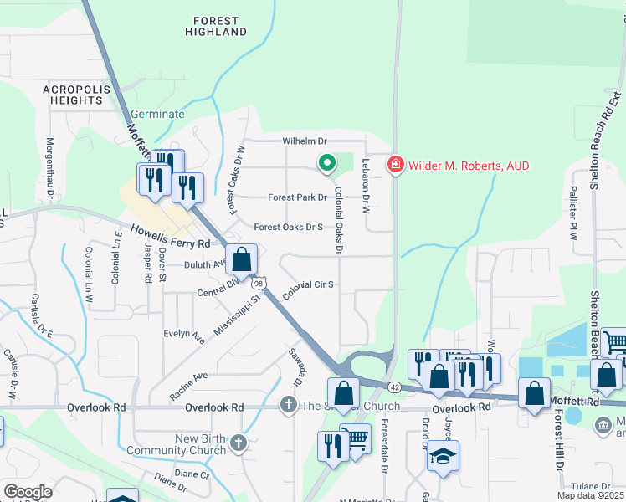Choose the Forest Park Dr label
tap(296, 198)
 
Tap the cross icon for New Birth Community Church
tap(239, 442)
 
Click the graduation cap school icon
tap(443, 457)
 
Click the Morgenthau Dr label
tap(50, 168)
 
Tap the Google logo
tap(28, 492)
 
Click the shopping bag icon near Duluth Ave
tap(241, 260)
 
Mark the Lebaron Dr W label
tap(366, 188)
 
